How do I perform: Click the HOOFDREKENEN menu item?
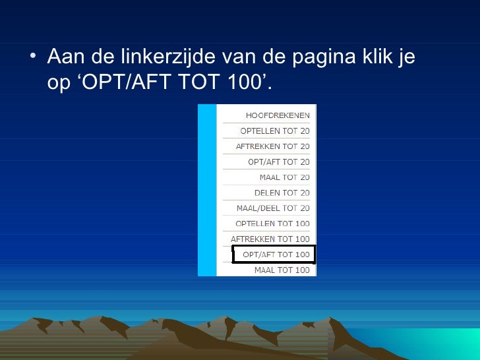tap(278, 115)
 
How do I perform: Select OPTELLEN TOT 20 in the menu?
tap(275, 131)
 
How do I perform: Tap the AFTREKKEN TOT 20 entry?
tap(272, 146)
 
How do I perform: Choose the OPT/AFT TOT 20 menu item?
tap(278, 162)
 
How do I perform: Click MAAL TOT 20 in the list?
tap(284, 177)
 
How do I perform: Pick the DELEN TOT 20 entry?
tap(282, 193)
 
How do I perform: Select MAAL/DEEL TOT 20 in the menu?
tap(273, 208)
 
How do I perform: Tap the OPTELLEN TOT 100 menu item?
tap(272, 224)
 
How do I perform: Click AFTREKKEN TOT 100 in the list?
tap(270, 239)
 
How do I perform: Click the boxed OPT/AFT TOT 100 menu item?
tap(276, 255)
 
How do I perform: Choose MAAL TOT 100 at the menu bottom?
tap(282, 270)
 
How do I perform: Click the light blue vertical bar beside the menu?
tap(207, 190)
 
